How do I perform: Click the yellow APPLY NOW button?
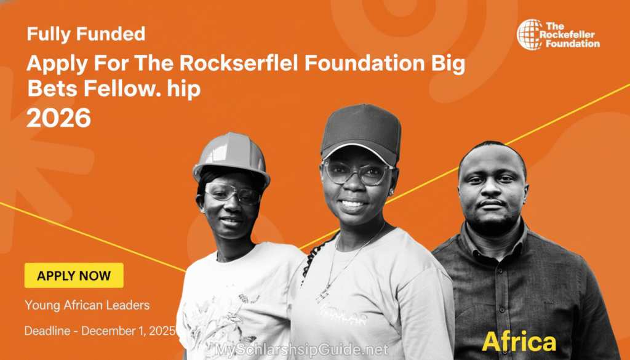(74, 276)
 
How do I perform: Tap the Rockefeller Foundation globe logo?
(529, 34)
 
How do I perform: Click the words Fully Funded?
(86, 34)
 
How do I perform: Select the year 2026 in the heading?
(59, 118)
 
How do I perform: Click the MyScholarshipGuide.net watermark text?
(302, 349)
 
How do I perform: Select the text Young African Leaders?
(87, 305)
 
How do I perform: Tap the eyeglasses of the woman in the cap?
(357, 173)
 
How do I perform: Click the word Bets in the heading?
(49, 89)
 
